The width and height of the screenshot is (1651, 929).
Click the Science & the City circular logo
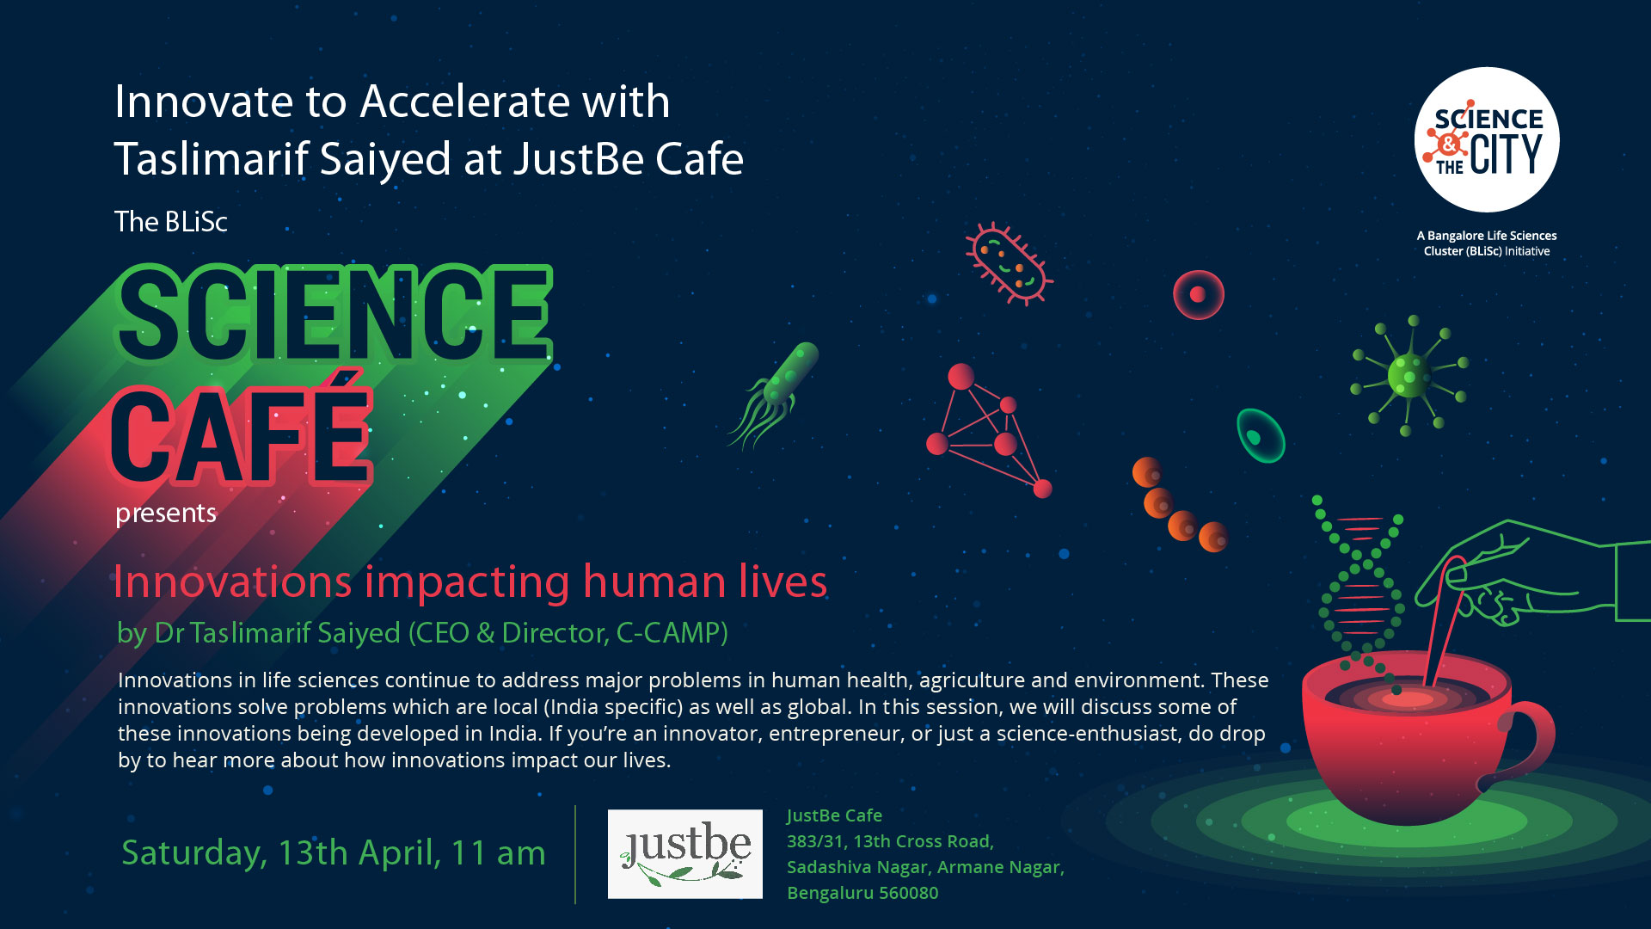[1487, 139]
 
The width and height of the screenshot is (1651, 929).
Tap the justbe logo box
[684, 853]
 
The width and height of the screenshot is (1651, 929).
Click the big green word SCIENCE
[334, 314]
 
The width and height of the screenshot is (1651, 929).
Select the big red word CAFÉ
[242, 430]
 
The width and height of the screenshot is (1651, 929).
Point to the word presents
[166, 514]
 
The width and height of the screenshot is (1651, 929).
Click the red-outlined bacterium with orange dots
[1008, 263]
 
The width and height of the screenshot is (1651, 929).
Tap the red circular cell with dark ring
[1198, 295]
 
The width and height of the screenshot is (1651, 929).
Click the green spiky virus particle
[1409, 376]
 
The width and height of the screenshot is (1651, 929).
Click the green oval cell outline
[1260, 436]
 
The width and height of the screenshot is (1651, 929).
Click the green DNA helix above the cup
[1359, 594]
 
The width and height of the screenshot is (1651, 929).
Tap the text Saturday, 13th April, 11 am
[334, 852]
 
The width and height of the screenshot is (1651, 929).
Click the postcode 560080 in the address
[908, 893]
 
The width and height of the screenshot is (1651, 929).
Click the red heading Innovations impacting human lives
[470, 581]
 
